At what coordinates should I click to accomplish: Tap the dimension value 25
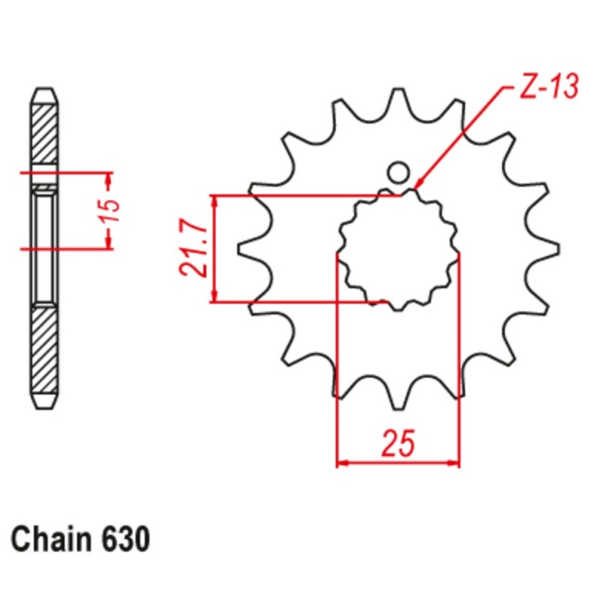[398, 444]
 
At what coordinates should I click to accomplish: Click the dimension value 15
[112, 209]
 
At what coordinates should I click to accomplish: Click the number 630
[124, 539]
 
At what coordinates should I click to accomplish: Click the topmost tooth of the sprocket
[398, 100]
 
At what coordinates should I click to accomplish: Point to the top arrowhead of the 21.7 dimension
[216, 202]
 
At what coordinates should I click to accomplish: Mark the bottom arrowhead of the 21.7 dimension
[216, 296]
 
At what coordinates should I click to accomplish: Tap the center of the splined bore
[398, 248]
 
